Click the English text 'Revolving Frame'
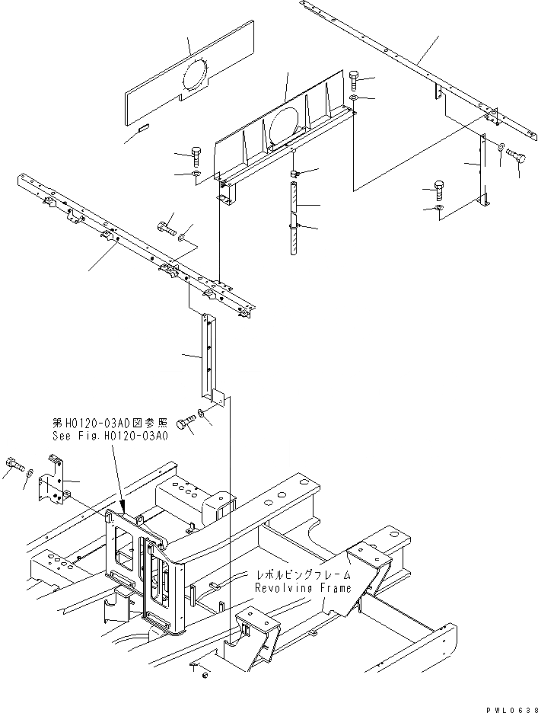coord(303,589)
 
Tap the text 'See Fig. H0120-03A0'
coord(110,437)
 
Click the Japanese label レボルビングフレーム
coord(303,577)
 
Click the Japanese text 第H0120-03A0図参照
coord(110,424)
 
